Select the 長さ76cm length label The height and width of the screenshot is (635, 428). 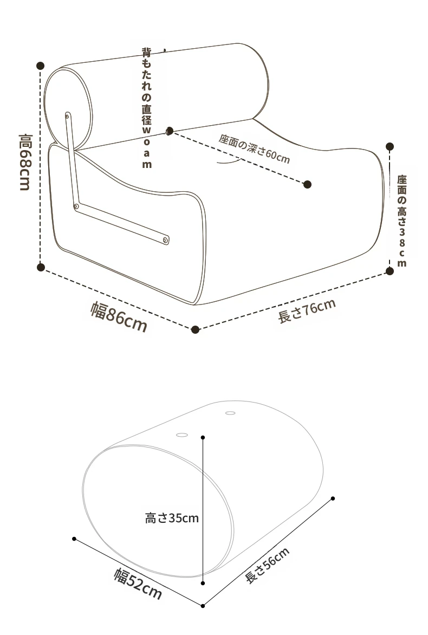306,311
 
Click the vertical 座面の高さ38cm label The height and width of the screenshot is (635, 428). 401,220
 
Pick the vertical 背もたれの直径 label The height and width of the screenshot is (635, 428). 147,108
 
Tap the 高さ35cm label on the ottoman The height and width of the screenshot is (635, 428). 172,519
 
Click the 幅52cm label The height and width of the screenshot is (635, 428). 138,582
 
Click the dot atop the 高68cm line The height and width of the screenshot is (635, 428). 40,66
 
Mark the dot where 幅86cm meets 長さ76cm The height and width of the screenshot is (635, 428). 196,329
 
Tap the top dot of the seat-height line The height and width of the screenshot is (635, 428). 390,146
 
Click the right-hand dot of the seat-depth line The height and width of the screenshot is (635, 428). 307,185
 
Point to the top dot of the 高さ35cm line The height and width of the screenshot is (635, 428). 203,437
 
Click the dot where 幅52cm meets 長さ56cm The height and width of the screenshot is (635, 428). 203,606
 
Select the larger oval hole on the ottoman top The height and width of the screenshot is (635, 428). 182,434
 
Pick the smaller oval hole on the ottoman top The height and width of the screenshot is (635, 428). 230,413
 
